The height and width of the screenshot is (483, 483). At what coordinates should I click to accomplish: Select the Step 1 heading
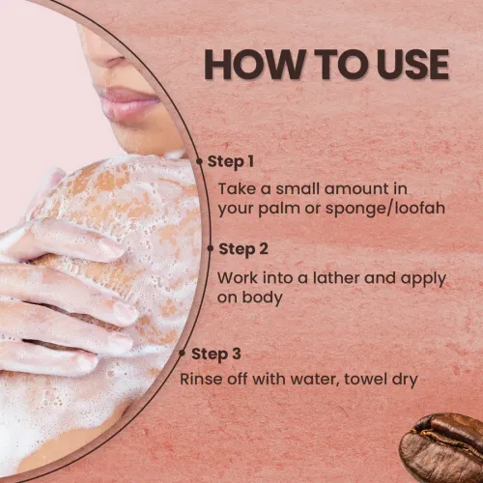(x=231, y=161)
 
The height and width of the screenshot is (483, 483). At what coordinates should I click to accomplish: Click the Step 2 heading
(x=243, y=249)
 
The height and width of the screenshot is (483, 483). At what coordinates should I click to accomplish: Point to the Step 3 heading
(x=216, y=355)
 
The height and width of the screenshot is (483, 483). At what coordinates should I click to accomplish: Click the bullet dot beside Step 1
(x=200, y=161)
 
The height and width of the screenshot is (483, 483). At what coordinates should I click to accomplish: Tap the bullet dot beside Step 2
(x=211, y=248)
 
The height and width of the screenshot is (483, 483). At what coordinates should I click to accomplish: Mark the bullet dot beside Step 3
(x=182, y=354)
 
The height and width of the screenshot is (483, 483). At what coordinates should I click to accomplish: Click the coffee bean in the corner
(x=441, y=448)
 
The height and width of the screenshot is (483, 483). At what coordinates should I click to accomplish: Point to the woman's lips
(x=128, y=100)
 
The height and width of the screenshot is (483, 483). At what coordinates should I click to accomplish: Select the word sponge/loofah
(x=385, y=209)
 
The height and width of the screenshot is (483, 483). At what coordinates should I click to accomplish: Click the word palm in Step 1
(x=279, y=209)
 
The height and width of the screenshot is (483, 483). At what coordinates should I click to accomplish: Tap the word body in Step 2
(x=262, y=298)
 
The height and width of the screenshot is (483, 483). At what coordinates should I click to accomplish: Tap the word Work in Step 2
(x=238, y=278)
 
